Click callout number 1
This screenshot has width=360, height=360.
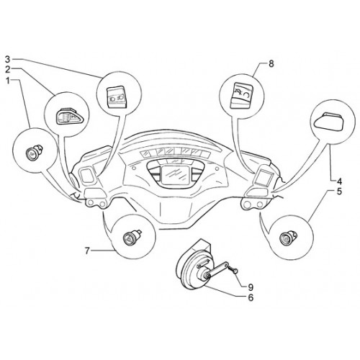[9, 81]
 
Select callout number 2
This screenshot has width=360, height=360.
[8, 70]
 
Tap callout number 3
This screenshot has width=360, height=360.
[8, 59]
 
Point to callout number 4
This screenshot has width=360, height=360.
[339, 181]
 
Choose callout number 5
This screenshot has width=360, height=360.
[339, 192]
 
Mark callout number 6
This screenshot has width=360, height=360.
[251, 297]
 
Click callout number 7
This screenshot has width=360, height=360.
[87, 251]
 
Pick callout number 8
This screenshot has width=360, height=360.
[271, 64]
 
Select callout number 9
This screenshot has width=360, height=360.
[251, 287]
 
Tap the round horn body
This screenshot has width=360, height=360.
[192, 271]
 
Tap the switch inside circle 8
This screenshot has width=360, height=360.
[242, 95]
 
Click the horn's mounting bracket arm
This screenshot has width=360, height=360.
[216, 269]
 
